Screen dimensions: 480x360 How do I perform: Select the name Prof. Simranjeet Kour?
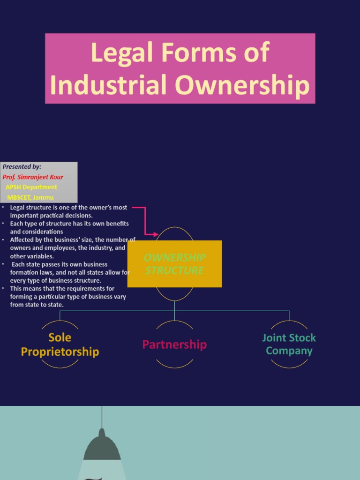(33, 177)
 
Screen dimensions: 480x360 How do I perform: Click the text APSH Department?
(31, 187)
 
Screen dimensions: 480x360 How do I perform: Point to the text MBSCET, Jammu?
(30, 197)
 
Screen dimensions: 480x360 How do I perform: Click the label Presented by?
(22, 166)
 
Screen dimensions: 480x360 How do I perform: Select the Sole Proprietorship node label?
(60, 345)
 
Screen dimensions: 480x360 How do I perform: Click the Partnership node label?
(174, 345)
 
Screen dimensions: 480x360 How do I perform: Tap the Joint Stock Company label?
(289, 344)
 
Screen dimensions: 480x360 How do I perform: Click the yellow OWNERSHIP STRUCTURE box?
(174, 264)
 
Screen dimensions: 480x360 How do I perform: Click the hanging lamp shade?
(102, 447)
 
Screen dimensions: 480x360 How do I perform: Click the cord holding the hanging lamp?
(102, 417)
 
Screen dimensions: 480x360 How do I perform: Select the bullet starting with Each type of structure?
(69, 227)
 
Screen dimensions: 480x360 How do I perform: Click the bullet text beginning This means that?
(68, 296)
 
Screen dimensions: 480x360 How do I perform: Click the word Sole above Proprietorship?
(60, 337)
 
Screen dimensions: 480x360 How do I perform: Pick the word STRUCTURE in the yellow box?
(174, 270)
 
